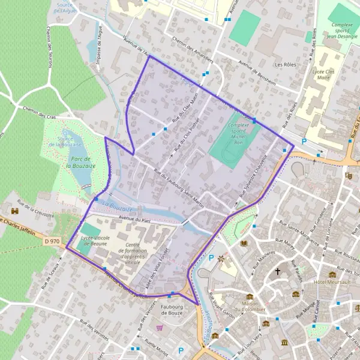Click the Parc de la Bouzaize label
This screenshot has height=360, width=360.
pyautogui.click(x=77, y=161)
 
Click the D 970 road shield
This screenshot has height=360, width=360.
pyautogui.click(x=52, y=241)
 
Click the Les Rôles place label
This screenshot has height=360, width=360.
pyautogui.click(x=286, y=64)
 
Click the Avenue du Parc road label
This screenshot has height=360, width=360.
pyautogui.click(x=133, y=219)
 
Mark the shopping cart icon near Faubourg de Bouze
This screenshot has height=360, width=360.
pyautogui.click(x=160, y=328)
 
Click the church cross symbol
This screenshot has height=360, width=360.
pyautogui.click(x=277, y=271)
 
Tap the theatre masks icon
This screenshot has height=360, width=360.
pyautogui.click(x=349, y=176)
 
